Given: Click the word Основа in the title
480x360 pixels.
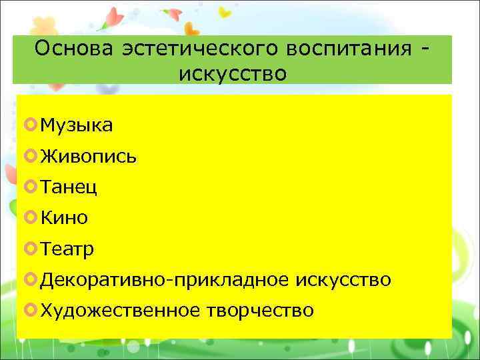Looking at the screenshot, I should [74, 50].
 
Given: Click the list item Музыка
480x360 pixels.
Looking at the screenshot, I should [76, 125].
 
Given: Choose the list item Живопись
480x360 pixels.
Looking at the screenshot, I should [88, 156].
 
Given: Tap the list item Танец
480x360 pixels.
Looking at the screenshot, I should [69, 187].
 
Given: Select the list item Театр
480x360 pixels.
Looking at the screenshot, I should [67, 249].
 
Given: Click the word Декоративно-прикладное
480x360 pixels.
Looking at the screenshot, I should [163, 280].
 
